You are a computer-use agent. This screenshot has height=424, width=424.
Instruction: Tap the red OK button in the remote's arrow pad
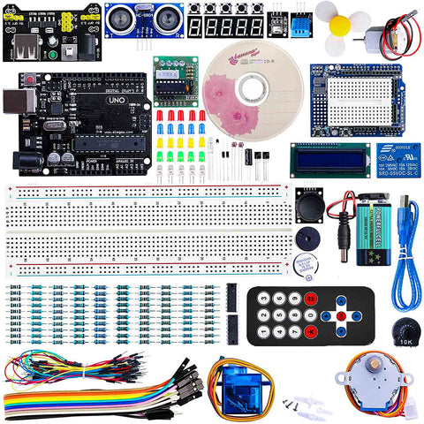coord(341,315)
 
